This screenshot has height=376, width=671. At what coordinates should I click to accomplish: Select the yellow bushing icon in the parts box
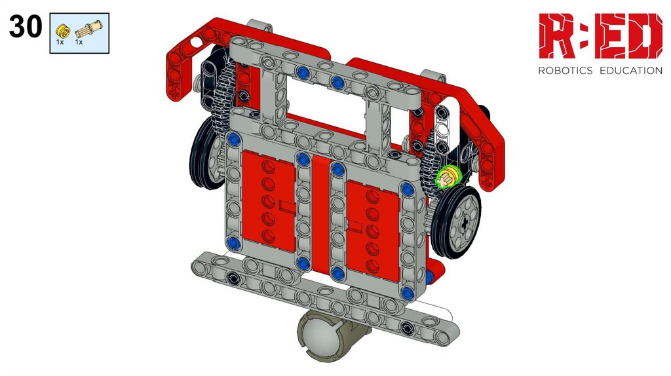(62, 31)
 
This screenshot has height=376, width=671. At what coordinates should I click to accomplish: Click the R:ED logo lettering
(600, 36)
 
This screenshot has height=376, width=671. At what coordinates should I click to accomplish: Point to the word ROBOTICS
(565, 71)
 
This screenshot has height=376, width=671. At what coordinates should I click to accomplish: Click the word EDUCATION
(631, 71)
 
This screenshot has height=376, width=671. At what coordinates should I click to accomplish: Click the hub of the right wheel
(465, 221)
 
